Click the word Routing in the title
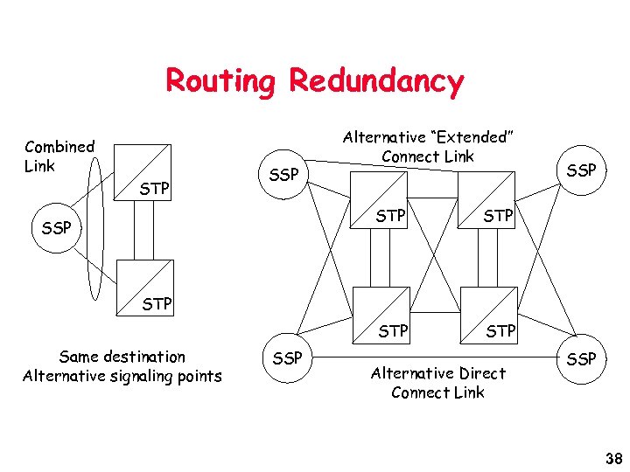click(220, 81)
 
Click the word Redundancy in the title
click(376, 81)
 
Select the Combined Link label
click(59, 156)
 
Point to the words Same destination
click(122, 357)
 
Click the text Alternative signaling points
click(122, 376)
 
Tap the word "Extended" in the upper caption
click(470, 137)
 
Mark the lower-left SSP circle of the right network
click(287, 358)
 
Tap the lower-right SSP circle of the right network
click(581, 358)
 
